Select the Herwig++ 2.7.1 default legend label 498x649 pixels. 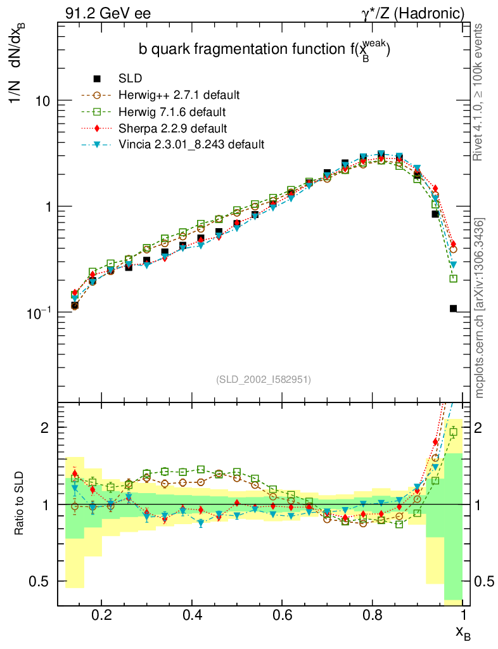pos(179,95)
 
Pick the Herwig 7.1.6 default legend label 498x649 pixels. pos(172,112)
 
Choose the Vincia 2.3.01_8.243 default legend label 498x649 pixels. pos(191,144)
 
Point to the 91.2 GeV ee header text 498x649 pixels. pos(108,13)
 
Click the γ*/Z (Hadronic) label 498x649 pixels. pos(413,13)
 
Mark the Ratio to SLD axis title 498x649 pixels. pos(20,503)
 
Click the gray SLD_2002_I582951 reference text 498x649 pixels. pos(264,380)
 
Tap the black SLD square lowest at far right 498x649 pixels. pos(453,309)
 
